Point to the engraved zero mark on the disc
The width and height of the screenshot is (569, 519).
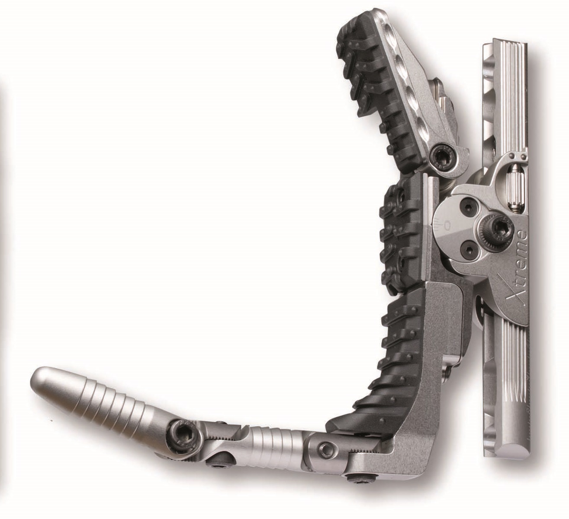(446, 225)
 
